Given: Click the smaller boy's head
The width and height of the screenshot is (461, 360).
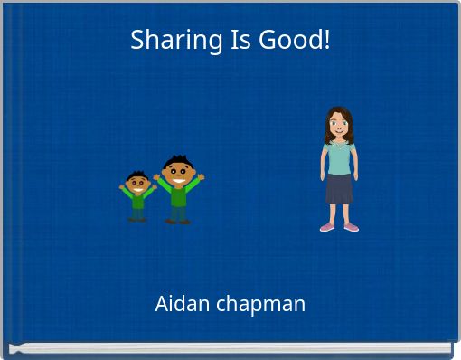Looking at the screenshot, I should [137, 183].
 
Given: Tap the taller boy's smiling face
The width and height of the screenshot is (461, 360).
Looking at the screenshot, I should [177, 173].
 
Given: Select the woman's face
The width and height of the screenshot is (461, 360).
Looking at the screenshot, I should [339, 125].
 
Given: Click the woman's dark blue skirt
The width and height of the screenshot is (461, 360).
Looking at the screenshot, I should [339, 189].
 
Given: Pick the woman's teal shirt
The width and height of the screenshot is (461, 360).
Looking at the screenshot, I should [339, 157].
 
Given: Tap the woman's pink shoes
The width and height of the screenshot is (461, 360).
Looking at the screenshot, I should [339, 226].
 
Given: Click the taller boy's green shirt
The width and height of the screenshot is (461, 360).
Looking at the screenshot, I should [178, 195].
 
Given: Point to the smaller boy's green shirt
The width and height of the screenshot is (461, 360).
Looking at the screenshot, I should [137, 200].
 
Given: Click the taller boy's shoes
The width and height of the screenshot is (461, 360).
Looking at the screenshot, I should [178, 221].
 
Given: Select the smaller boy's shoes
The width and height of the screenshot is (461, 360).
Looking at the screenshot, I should [137, 219].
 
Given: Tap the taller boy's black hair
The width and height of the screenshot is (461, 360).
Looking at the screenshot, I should [176, 160].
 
